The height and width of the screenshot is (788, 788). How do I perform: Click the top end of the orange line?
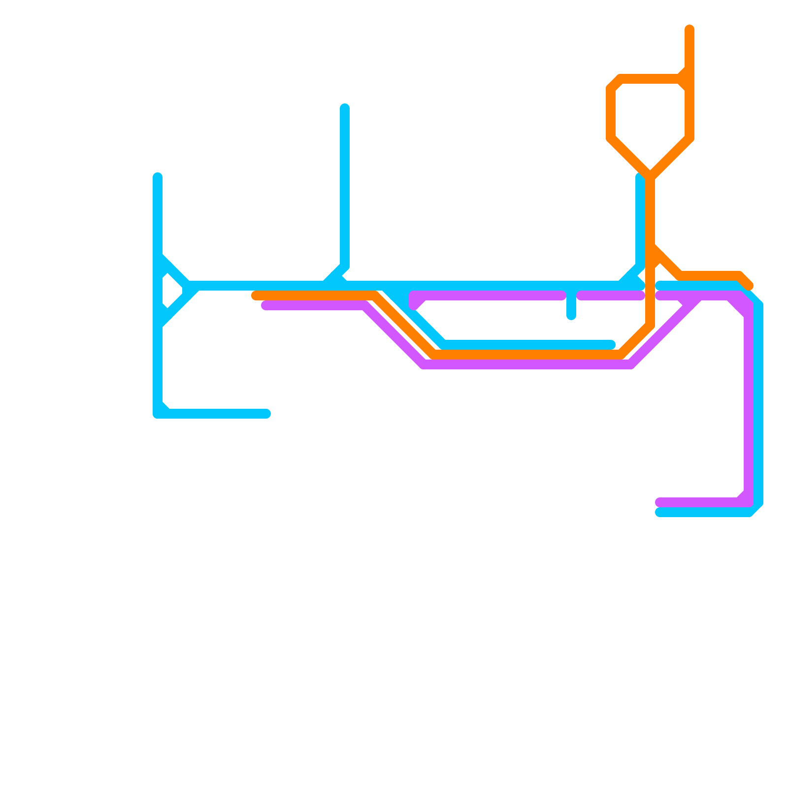point(689,29)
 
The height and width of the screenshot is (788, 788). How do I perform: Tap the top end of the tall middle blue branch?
point(345,108)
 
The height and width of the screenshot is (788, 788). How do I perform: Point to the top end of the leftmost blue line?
point(158,177)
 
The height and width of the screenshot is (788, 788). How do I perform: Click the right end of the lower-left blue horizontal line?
point(266,413)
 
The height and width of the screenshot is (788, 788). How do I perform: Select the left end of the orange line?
point(256,295)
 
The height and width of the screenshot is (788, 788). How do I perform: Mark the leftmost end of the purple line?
point(265,306)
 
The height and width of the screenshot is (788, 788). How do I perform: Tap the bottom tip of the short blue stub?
point(571,316)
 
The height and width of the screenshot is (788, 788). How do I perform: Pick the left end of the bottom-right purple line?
point(659,502)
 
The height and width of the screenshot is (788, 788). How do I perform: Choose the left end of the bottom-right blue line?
point(659,513)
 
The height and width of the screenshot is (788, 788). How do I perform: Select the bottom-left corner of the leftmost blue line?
point(158,413)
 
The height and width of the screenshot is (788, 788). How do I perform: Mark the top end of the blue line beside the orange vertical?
point(640,177)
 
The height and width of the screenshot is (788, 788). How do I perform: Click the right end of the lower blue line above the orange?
point(611,344)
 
